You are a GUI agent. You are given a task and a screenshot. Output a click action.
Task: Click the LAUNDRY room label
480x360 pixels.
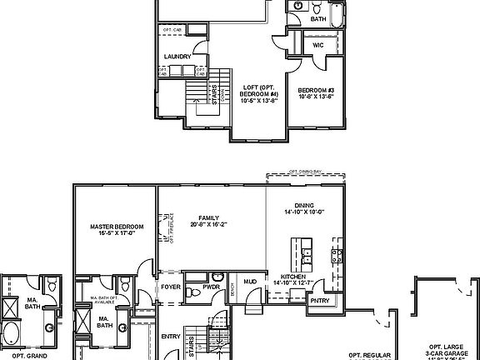(177, 57)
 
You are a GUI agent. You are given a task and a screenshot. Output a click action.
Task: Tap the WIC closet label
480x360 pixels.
(318, 45)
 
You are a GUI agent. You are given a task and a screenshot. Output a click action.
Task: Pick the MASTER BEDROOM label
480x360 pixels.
(117, 226)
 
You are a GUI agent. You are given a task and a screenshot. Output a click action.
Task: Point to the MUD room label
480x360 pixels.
(250, 282)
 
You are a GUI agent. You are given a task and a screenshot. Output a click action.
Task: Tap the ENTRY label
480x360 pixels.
(170, 336)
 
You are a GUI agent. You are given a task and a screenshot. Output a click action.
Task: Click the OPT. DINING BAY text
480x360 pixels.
(305, 172)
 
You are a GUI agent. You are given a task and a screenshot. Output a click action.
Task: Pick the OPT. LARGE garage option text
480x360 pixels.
(446, 347)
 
